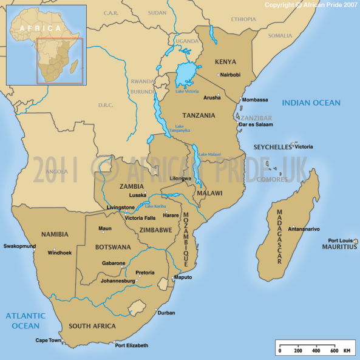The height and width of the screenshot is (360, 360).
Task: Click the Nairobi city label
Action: pos(231,75)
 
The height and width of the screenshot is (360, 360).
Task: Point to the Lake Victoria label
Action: pos(187,91)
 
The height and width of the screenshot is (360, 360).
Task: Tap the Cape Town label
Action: pos(49,341)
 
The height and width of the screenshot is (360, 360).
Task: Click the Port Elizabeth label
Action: pos(132,345)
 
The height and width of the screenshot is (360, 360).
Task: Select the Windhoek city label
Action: pos(60,252)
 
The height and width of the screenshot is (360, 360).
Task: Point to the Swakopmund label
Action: pos(19,246)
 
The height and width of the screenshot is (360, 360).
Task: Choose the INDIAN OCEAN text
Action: pos(311,103)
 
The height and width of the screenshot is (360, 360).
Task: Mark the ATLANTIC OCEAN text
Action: pos(25,321)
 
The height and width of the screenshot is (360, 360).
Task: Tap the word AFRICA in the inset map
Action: pos(40,28)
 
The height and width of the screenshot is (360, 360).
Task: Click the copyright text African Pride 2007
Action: pos(310,5)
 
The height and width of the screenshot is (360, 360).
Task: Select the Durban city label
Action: pos(166,313)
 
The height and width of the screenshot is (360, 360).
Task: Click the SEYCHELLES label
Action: pos(273,148)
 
